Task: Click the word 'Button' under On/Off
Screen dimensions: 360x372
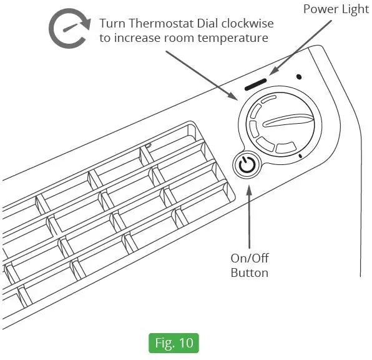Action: point(250,273)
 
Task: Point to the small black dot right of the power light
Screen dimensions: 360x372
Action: point(299,77)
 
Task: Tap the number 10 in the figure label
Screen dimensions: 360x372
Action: point(186,344)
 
